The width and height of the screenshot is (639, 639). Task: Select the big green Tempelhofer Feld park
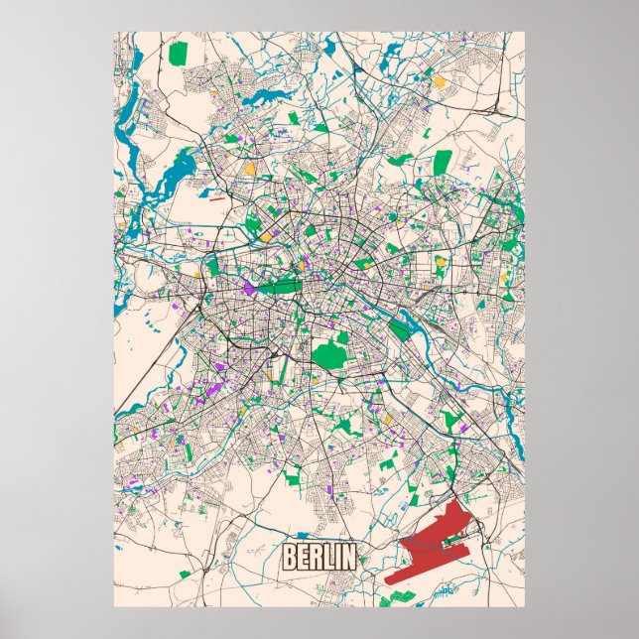click(x=329, y=352)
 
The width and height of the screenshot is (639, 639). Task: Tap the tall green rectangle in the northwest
click(x=179, y=52)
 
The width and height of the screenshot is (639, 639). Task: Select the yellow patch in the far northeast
click(x=439, y=81)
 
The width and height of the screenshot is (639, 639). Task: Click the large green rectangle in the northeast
click(x=443, y=161)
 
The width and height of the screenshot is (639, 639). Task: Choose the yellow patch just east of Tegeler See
click(x=250, y=169)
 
